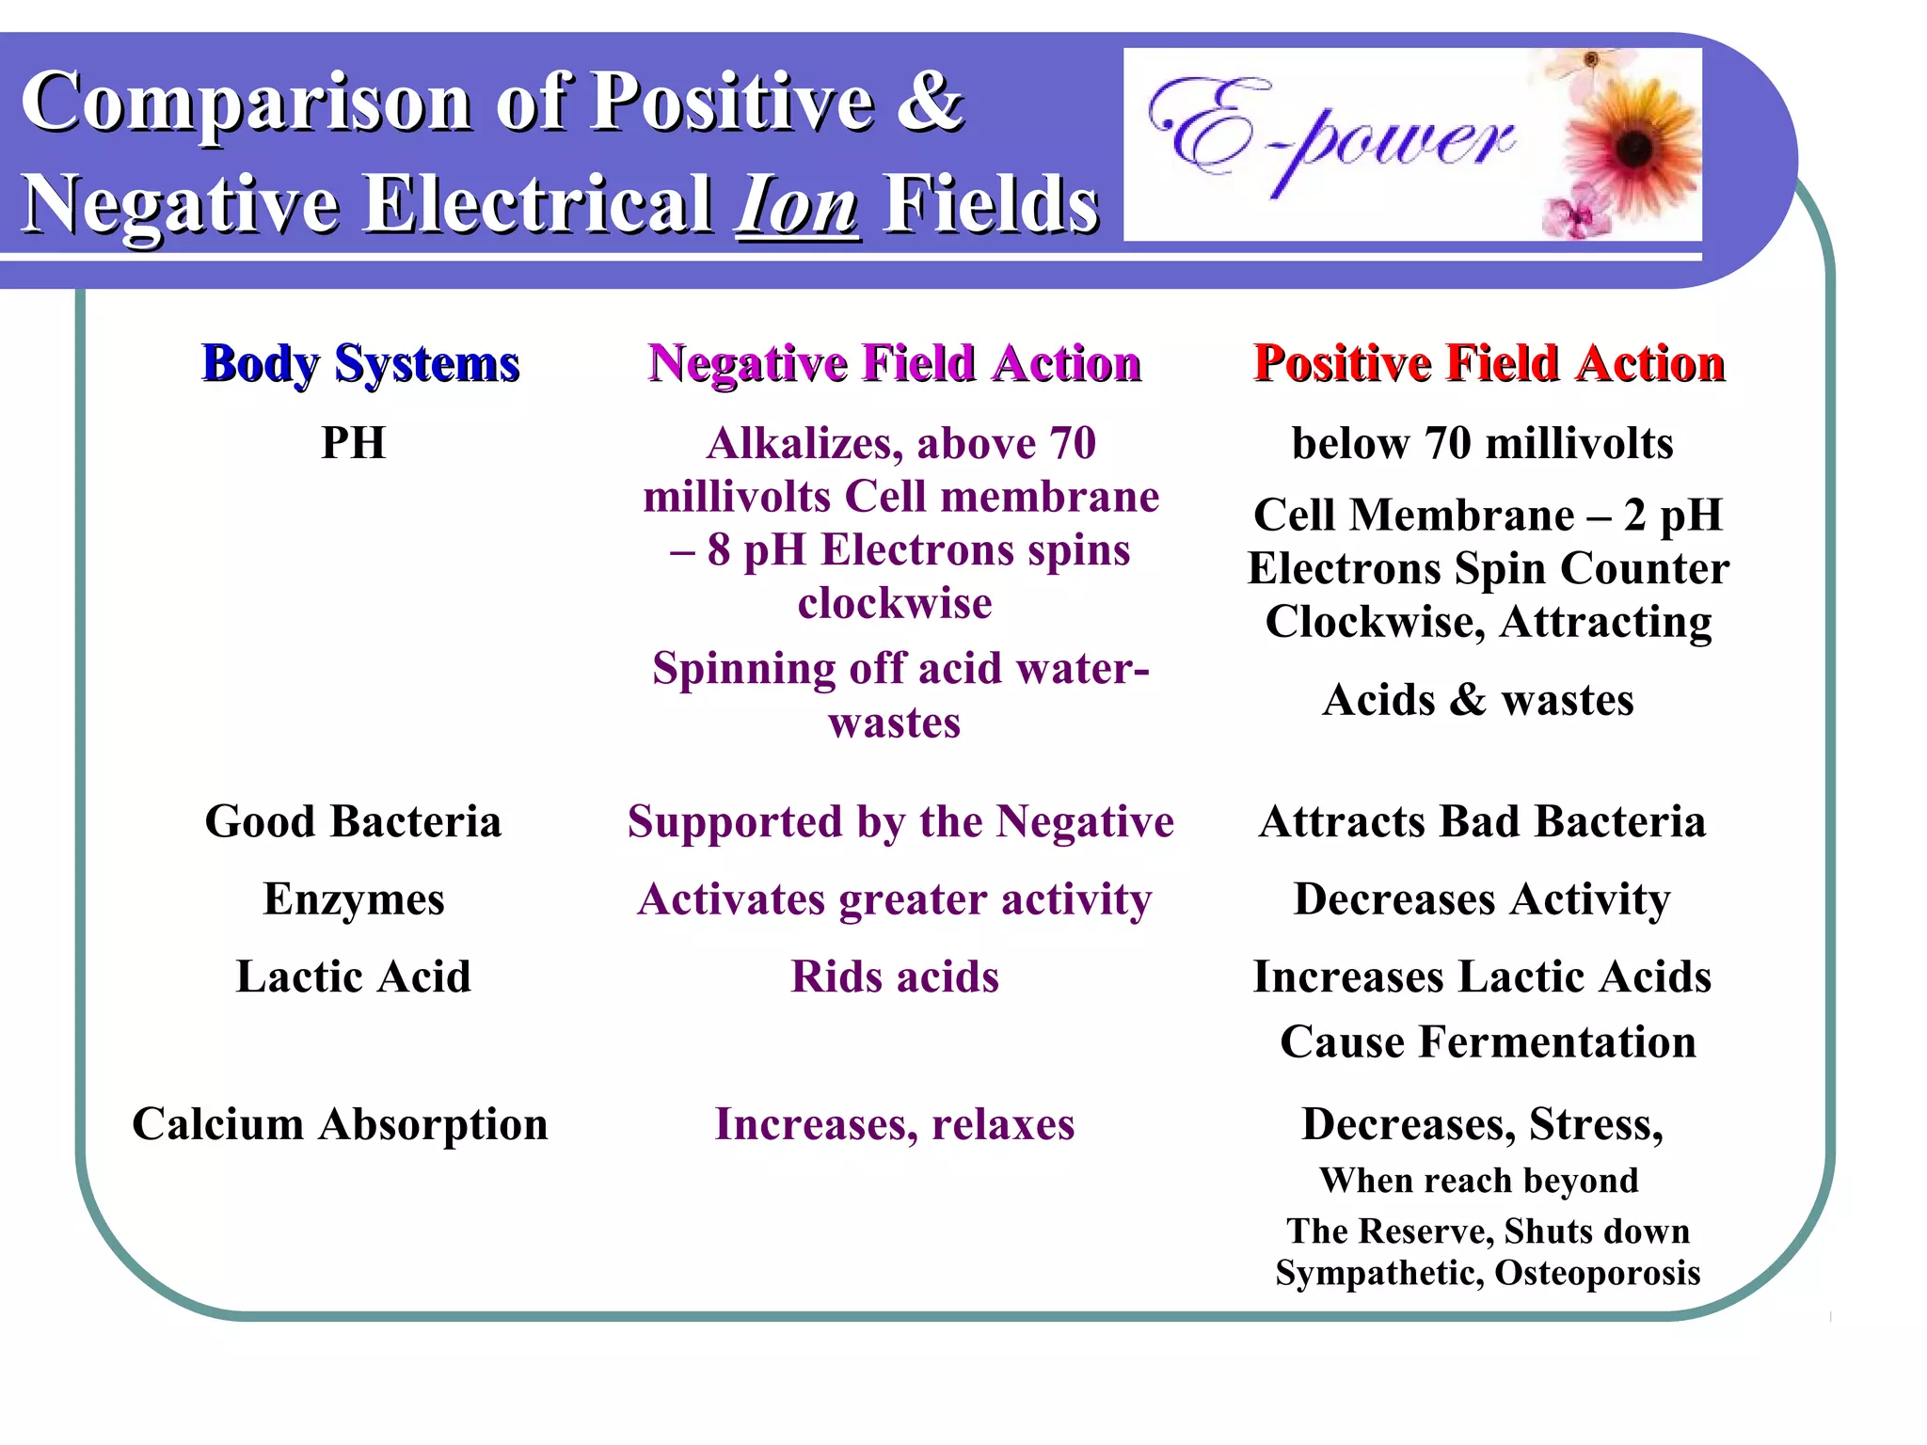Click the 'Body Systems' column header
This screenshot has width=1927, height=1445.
click(360, 364)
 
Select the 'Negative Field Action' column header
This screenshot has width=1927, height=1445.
click(894, 364)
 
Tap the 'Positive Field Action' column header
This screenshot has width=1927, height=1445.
click(1489, 364)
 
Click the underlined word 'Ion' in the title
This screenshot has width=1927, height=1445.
click(798, 205)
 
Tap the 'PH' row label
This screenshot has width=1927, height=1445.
click(354, 443)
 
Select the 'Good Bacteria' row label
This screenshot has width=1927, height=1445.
click(354, 821)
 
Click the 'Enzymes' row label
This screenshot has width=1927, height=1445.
click(354, 899)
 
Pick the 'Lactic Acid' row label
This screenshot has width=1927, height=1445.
click(354, 977)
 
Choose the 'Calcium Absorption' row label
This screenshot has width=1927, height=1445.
click(340, 1124)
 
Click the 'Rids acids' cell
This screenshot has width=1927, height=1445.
click(895, 977)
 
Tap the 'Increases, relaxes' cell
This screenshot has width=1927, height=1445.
click(895, 1124)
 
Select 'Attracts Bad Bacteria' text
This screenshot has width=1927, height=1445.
click(1482, 821)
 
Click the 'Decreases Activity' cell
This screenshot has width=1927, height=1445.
click(1482, 899)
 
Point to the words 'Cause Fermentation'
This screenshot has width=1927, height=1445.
click(1488, 1042)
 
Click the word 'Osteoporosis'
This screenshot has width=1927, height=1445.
click(1597, 1273)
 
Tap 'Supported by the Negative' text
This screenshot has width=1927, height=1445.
click(900, 821)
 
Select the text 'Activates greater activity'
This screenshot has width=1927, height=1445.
click(895, 899)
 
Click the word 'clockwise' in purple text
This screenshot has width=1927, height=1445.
click(895, 603)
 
